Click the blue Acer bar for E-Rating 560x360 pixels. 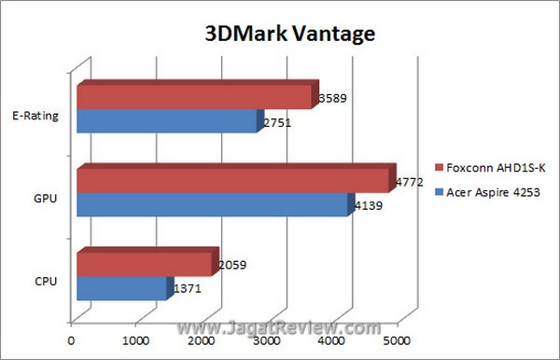[x=166, y=121]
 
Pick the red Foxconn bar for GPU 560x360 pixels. [x=232, y=180]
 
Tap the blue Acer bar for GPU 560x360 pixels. [x=212, y=204]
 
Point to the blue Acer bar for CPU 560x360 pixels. [x=122, y=288]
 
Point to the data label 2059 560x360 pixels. [x=231, y=265]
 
